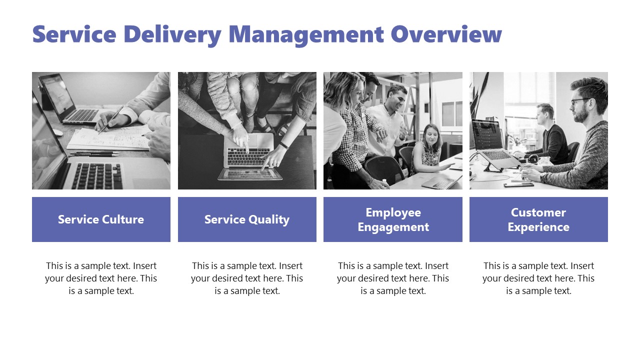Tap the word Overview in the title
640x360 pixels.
[446, 34]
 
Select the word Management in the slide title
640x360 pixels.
[306, 34]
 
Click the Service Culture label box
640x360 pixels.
[101, 219]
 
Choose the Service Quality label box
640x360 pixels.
[247, 219]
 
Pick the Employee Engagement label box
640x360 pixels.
[393, 219]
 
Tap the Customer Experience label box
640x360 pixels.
[538, 219]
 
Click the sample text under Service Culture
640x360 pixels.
[101, 278]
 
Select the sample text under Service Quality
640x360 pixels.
[247, 278]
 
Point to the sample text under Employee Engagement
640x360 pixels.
[393, 278]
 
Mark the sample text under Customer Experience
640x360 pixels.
[538, 278]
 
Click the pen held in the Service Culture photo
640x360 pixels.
[111, 120]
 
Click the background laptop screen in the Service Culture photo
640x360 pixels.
[56, 94]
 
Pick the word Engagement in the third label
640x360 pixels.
[393, 227]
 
